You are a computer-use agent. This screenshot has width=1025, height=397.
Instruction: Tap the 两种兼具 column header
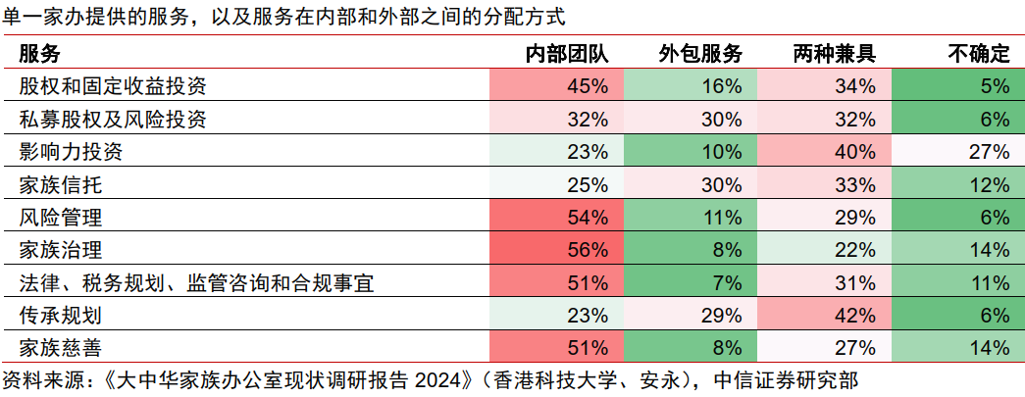pyautogui.click(x=835, y=54)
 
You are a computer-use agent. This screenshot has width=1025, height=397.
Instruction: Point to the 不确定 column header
pyautogui.click(x=979, y=54)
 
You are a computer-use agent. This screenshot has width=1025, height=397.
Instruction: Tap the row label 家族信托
pyautogui.click(x=61, y=185)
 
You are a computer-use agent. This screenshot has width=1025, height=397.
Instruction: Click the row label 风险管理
pyautogui.click(x=61, y=218)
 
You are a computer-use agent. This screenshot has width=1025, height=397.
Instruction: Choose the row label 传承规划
pyautogui.click(x=61, y=316)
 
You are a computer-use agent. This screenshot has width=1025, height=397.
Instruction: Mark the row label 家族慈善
pyautogui.click(x=61, y=348)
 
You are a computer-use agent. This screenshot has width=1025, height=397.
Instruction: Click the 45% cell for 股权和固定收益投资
pyautogui.click(x=589, y=86)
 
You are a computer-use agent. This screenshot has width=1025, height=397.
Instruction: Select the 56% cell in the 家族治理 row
pyautogui.click(x=589, y=250)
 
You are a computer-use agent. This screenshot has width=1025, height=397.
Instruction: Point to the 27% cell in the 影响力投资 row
pyautogui.click(x=990, y=152)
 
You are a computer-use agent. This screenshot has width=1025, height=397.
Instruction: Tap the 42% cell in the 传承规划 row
pyautogui.click(x=855, y=316)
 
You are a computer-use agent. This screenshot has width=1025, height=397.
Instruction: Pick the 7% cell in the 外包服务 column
pyautogui.click(x=727, y=283)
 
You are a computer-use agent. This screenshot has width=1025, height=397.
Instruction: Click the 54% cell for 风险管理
pyautogui.click(x=589, y=218)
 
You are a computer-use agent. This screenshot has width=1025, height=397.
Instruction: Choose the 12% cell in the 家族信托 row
pyautogui.click(x=990, y=185)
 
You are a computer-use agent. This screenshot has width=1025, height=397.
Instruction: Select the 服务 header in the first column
pyautogui.click(x=39, y=54)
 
